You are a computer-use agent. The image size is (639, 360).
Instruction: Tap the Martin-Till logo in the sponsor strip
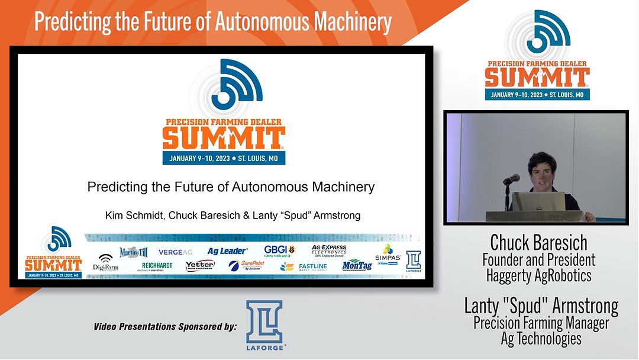[x=133, y=253]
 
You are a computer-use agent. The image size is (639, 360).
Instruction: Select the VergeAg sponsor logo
[x=175, y=252]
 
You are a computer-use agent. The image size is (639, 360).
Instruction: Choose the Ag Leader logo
[x=227, y=252]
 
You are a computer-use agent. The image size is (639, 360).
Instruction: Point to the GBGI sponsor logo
[x=279, y=251]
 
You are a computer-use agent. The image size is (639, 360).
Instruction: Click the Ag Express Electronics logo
[x=329, y=250]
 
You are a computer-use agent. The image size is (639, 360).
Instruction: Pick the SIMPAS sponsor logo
[x=388, y=254]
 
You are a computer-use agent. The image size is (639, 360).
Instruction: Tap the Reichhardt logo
[x=157, y=266]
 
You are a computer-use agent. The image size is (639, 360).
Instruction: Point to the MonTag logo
[x=357, y=265]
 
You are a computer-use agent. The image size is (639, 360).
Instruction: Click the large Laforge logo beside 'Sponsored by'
[x=264, y=325]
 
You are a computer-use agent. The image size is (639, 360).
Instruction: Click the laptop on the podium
[x=538, y=201]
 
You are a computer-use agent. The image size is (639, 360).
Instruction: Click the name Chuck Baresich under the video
[x=538, y=243]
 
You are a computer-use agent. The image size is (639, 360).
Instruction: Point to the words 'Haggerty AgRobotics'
[x=538, y=275]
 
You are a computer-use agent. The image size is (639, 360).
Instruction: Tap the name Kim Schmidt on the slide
[x=134, y=215]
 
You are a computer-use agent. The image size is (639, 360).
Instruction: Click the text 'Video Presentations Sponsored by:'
[x=165, y=326]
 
